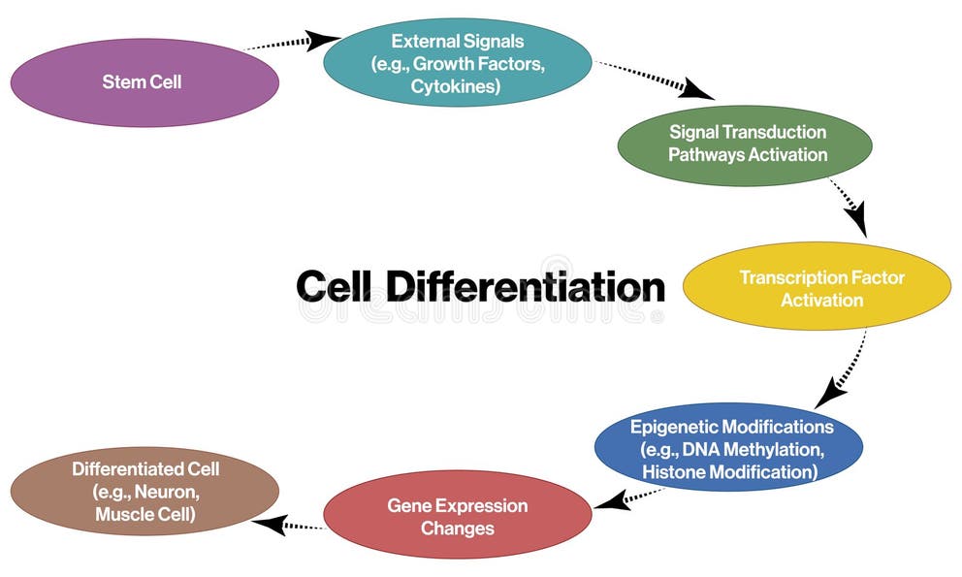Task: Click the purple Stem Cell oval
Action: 144,82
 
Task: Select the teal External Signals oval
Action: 457,63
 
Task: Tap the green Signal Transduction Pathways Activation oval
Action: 745,143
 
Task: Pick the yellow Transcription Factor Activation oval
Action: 817,288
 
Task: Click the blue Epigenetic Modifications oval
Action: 728,449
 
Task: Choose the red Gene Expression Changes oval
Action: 457,517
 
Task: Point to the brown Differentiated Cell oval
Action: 144,492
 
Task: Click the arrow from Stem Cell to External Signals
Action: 291,42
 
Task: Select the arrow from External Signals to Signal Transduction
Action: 656,80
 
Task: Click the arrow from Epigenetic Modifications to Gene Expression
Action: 625,498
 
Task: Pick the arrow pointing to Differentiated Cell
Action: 287,525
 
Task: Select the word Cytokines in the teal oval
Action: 456,86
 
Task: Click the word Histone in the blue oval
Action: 672,472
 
